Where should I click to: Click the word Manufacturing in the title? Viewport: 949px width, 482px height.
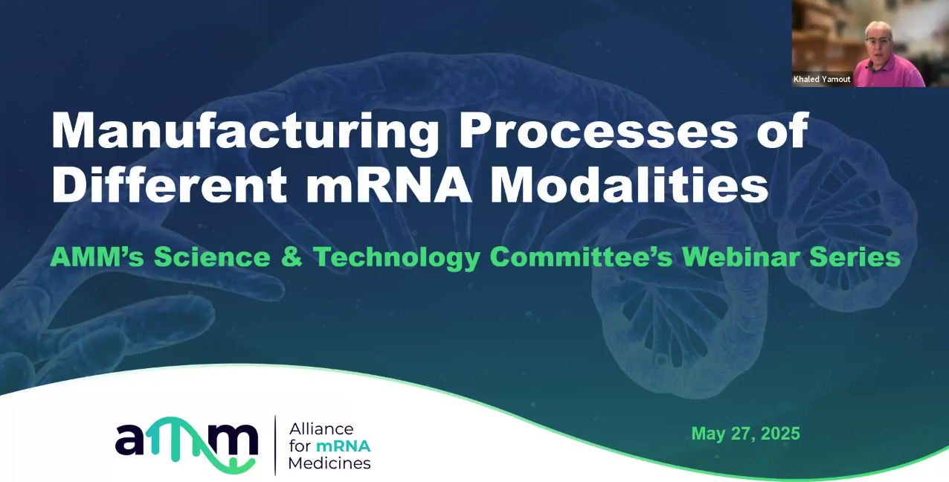pos(245,132)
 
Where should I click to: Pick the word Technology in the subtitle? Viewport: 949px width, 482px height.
pos(396,257)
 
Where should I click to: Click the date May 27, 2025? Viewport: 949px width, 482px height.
pos(745,434)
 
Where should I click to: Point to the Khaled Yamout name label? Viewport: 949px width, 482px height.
pos(822,79)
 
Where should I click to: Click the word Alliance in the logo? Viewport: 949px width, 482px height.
pos(321,429)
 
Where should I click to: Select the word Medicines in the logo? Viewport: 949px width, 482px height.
pos(329,463)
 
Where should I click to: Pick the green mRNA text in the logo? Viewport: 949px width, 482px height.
pos(343,446)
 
